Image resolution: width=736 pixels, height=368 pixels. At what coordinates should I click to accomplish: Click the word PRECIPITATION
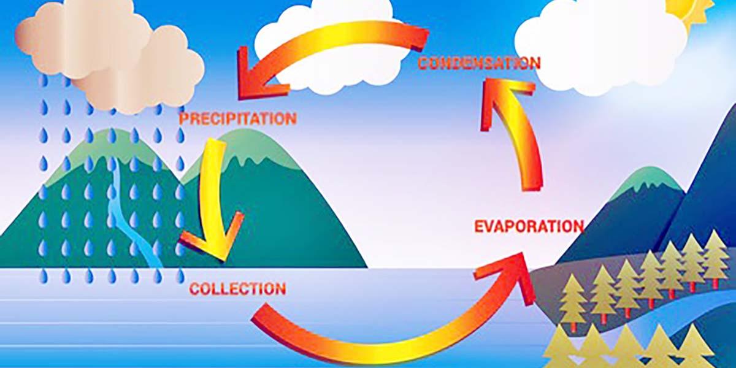pos(238,118)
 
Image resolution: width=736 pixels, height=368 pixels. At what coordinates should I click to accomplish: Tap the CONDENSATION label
pos(479,63)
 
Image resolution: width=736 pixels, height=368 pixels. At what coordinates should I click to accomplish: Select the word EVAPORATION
pos(529,226)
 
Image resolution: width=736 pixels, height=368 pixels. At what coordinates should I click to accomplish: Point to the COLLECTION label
pos(237,289)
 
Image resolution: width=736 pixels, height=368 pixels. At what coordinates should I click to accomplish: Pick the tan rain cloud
pos(109,56)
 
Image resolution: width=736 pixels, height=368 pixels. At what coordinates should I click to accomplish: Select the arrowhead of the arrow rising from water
pos(506,276)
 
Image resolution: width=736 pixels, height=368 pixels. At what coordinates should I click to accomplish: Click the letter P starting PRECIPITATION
pos(185,118)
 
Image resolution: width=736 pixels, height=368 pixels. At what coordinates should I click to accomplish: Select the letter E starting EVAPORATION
pos(480,226)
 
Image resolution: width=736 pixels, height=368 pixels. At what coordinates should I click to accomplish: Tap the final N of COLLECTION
pos(280,289)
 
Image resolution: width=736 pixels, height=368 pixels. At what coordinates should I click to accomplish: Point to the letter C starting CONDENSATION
pos(424,63)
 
